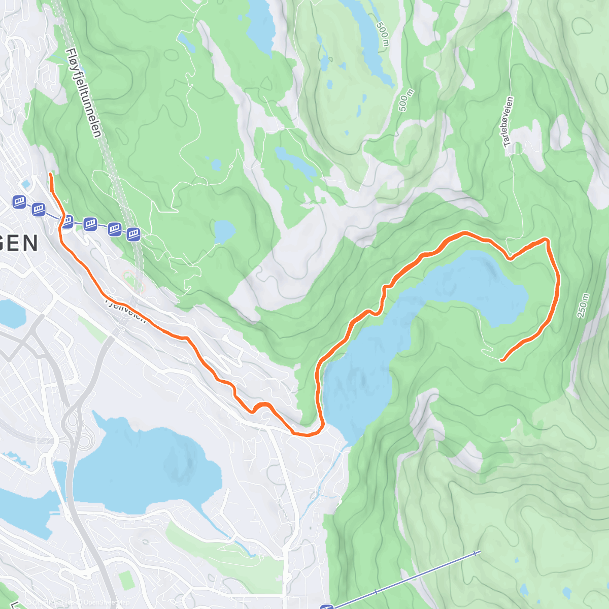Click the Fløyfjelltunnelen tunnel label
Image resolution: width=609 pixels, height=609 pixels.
click(x=84, y=92)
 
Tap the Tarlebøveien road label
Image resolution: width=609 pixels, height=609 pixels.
click(x=509, y=122)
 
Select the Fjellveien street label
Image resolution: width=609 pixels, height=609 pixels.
click(x=125, y=310)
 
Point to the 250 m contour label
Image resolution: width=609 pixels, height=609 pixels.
click(x=583, y=306)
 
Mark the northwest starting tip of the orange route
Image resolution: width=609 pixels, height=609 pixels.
click(x=50, y=174)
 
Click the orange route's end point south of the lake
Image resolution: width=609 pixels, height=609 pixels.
click(x=501, y=360)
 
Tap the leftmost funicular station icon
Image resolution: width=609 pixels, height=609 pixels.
click(x=19, y=202)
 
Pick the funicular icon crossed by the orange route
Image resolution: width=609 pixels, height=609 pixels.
click(x=67, y=221)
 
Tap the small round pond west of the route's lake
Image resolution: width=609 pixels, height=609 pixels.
click(x=224, y=232)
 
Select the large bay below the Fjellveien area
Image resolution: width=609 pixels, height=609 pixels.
click(x=152, y=467)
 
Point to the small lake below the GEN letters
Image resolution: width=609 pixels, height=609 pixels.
click(x=10, y=312)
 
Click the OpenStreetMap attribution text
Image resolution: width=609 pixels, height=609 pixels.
click(x=101, y=603)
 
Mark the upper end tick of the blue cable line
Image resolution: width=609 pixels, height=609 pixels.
click(x=476, y=553)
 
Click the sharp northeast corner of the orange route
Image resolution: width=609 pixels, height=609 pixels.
click(x=547, y=239)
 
